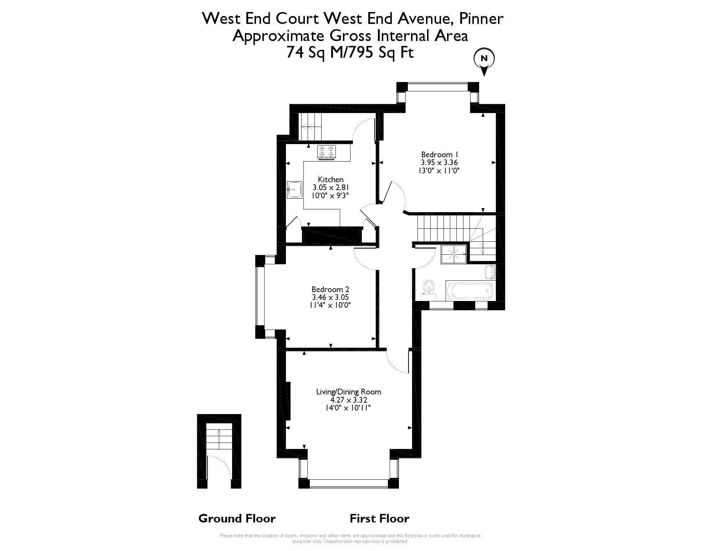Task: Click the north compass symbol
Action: (484, 63)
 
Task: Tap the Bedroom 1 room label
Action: (439, 155)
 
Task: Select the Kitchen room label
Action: (331, 180)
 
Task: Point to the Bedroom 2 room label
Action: (330, 290)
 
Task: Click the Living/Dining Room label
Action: (349, 392)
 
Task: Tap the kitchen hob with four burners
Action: (327, 152)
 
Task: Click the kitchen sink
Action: (294, 190)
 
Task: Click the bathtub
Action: (470, 291)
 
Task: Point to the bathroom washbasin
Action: (491, 272)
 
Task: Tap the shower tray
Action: (454, 254)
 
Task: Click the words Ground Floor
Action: (237, 518)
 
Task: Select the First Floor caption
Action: (379, 518)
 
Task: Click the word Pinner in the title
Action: (481, 19)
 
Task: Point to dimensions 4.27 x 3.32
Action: (349, 400)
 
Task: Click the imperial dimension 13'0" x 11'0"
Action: (439, 171)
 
